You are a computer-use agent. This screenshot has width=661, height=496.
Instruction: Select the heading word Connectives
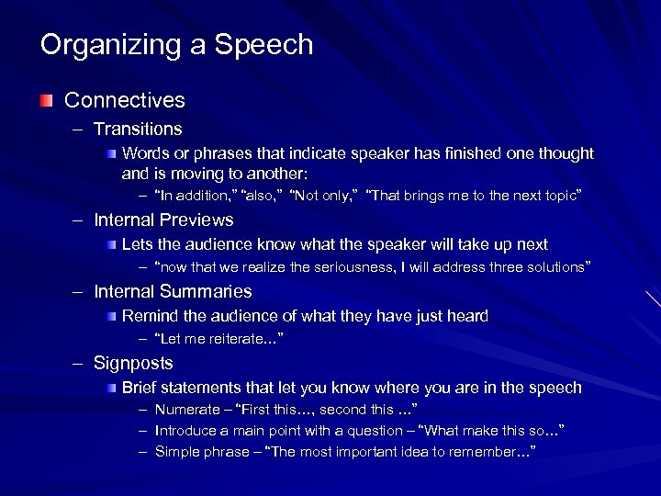(124, 100)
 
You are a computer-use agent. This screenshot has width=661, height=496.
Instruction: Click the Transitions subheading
(138, 130)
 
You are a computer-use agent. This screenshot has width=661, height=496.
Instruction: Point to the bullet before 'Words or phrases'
(110, 153)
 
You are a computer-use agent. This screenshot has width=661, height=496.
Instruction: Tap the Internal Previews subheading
(163, 220)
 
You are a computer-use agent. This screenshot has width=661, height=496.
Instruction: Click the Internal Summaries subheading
(173, 292)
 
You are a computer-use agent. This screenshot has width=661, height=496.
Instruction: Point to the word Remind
(147, 316)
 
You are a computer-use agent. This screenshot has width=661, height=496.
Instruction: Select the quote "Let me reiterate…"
(218, 340)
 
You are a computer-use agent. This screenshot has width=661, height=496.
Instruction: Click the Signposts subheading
(133, 364)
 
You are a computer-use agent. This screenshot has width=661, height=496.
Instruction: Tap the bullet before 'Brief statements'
(110, 388)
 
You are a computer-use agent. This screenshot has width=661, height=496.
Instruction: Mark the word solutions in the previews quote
(554, 267)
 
